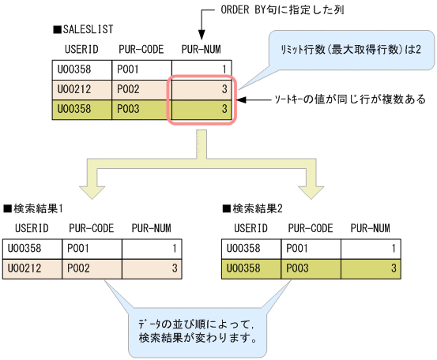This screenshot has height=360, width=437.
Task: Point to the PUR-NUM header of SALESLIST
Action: pos(200,49)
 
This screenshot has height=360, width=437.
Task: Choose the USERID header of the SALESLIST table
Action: pos(81,49)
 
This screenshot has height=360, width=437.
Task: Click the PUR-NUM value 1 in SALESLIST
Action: pos(225,69)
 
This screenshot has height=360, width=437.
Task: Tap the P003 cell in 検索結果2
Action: pos(299,268)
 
